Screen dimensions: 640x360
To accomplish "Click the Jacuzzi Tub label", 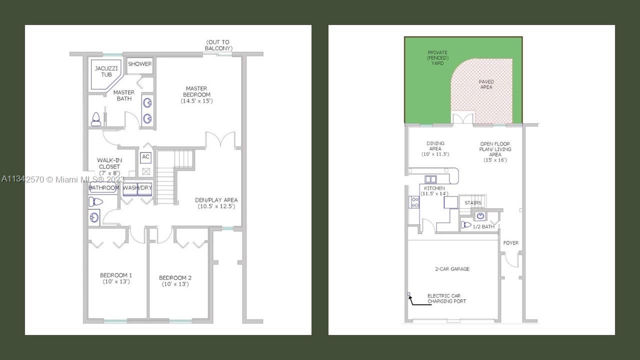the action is point(106,71).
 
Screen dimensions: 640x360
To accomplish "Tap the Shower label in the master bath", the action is point(139,64).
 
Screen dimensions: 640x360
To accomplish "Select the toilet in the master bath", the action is point(96,119).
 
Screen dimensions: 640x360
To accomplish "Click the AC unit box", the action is point(145,157).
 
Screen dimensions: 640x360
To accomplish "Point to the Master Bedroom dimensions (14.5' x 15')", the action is point(196,101).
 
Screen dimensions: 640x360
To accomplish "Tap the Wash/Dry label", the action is point(137,188).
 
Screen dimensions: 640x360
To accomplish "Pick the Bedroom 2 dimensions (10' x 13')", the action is point(175,284).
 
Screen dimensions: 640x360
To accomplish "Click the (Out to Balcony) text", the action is point(218,45).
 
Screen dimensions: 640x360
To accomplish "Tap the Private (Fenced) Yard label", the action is point(437,57).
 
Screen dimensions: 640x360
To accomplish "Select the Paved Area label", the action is point(486,84).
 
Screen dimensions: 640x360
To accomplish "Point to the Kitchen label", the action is point(434,188).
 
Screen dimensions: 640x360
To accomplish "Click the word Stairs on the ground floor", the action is point(473,203).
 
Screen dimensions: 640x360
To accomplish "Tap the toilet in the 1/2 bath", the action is point(466,225).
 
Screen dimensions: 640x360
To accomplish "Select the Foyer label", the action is point(511,243).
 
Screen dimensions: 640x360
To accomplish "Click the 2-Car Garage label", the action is point(452,269).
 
